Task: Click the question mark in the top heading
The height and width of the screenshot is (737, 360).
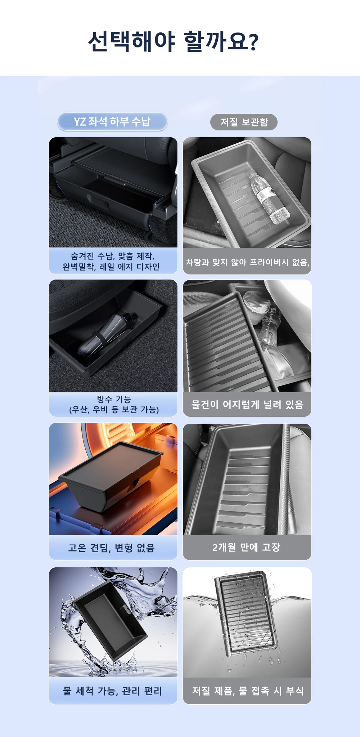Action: tap(253, 42)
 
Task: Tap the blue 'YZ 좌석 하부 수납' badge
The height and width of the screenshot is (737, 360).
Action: tap(112, 122)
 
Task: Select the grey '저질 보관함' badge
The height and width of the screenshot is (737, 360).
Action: tap(244, 122)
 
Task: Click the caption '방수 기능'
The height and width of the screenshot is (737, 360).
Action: tap(114, 399)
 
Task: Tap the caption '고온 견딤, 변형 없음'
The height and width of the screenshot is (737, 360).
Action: tap(112, 548)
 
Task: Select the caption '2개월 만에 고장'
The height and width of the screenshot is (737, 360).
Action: tap(246, 548)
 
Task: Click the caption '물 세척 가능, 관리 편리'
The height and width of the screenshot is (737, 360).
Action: tap(112, 691)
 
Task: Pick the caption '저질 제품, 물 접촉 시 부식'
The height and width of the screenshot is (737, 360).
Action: tap(248, 691)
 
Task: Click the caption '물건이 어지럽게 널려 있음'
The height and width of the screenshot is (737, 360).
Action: tap(247, 405)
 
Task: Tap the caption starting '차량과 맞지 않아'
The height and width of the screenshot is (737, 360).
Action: tap(248, 262)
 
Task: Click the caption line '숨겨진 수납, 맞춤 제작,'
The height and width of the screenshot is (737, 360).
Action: tap(113, 256)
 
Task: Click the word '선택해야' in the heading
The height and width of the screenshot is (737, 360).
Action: tap(131, 41)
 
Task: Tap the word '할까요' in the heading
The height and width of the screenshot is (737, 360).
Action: tap(216, 41)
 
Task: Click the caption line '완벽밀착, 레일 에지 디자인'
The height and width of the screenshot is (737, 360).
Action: tap(111, 267)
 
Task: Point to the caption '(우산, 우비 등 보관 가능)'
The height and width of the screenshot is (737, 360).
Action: tap(114, 410)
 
